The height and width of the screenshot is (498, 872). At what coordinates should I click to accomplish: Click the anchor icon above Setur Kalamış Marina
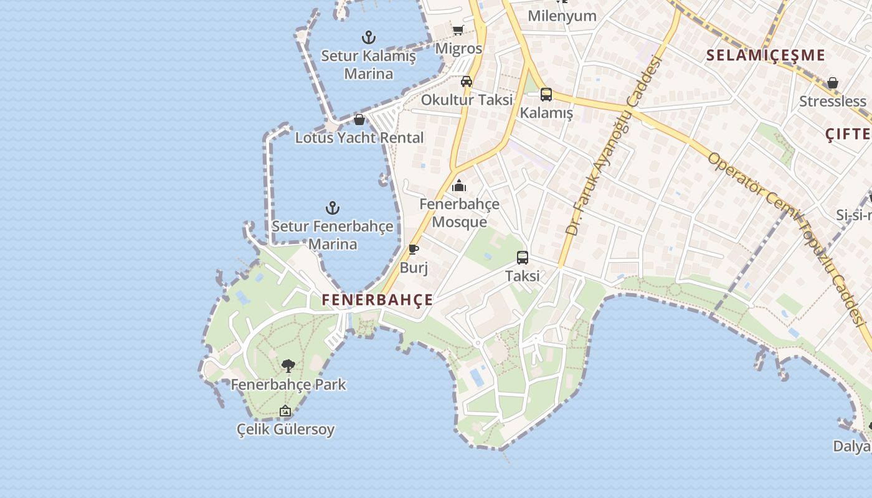coord(369,37)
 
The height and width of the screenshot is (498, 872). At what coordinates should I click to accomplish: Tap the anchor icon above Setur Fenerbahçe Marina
coord(333,208)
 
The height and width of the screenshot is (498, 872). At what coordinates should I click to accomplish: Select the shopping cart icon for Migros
coord(458,30)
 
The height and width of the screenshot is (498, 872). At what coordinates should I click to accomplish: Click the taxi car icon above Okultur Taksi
coord(467,81)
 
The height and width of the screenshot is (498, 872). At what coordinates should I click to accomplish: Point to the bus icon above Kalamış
coord(546,95)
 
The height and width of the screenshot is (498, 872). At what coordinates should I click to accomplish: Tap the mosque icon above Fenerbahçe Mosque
coord(459,186)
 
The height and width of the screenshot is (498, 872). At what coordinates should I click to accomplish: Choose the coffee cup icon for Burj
coord(413,250)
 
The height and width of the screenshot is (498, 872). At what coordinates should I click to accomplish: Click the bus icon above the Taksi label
coord(523,257)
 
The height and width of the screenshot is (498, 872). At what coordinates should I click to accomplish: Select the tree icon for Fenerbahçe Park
coord(288,366)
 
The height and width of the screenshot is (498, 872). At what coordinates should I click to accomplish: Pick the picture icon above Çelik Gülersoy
coord(285,411)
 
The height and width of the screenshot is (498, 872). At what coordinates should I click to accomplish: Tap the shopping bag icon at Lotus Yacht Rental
coord(359,120)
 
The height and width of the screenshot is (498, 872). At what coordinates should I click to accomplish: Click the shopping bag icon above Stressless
coord(833,83)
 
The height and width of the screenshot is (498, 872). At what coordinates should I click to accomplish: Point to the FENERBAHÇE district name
coord(377,299)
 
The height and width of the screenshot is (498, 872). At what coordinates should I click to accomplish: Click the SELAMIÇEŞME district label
coord(765,55)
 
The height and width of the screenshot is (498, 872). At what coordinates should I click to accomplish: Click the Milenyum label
coord(562,16)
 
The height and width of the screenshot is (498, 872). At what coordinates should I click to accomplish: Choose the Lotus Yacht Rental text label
coord(359,138)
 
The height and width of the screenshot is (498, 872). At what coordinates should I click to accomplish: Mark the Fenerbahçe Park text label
coord(288,384)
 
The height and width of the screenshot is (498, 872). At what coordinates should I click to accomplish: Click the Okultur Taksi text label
coord(467,100)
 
